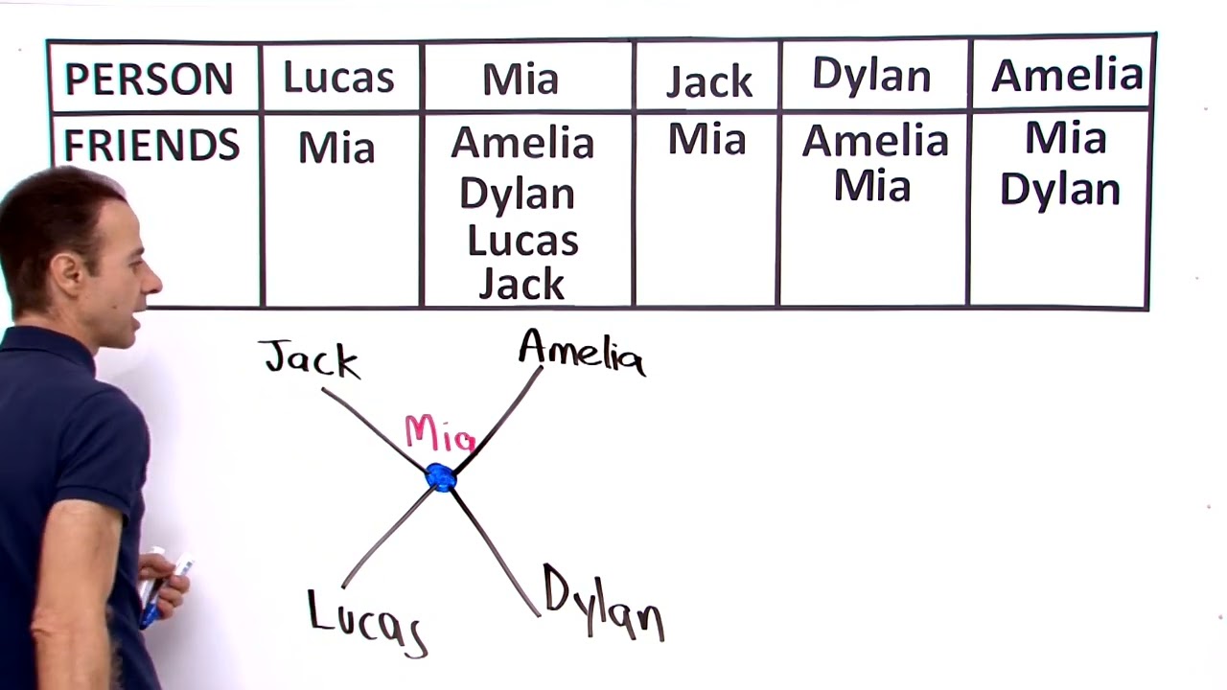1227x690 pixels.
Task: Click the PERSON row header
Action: point(149,79)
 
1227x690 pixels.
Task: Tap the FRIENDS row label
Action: point(151,145)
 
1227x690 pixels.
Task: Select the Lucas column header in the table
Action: point(339,77)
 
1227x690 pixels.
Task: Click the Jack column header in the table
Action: point(709,81)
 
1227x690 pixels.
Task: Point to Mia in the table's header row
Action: point(521,79)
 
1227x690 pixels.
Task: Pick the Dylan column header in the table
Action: point(872,75)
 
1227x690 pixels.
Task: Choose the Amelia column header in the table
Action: point(1067,75)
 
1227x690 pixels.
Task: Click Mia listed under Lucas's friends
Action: point(336,148)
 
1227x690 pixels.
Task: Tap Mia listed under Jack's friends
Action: point(707,139)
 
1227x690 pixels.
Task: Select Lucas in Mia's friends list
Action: point(523,241)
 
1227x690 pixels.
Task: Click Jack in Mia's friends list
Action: point(521,284)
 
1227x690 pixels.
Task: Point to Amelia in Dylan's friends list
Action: point(875,141)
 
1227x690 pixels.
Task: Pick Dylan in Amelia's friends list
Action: point(1060,190)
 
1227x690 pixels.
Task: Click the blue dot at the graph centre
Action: point(442,478)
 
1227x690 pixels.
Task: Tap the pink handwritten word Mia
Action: point(440,434)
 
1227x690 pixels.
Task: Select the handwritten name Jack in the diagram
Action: point(310,358)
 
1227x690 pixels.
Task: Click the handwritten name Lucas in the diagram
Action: point(367,624)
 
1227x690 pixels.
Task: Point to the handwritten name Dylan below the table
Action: point(604,603)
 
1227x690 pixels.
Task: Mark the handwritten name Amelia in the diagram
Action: point(582,354)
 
